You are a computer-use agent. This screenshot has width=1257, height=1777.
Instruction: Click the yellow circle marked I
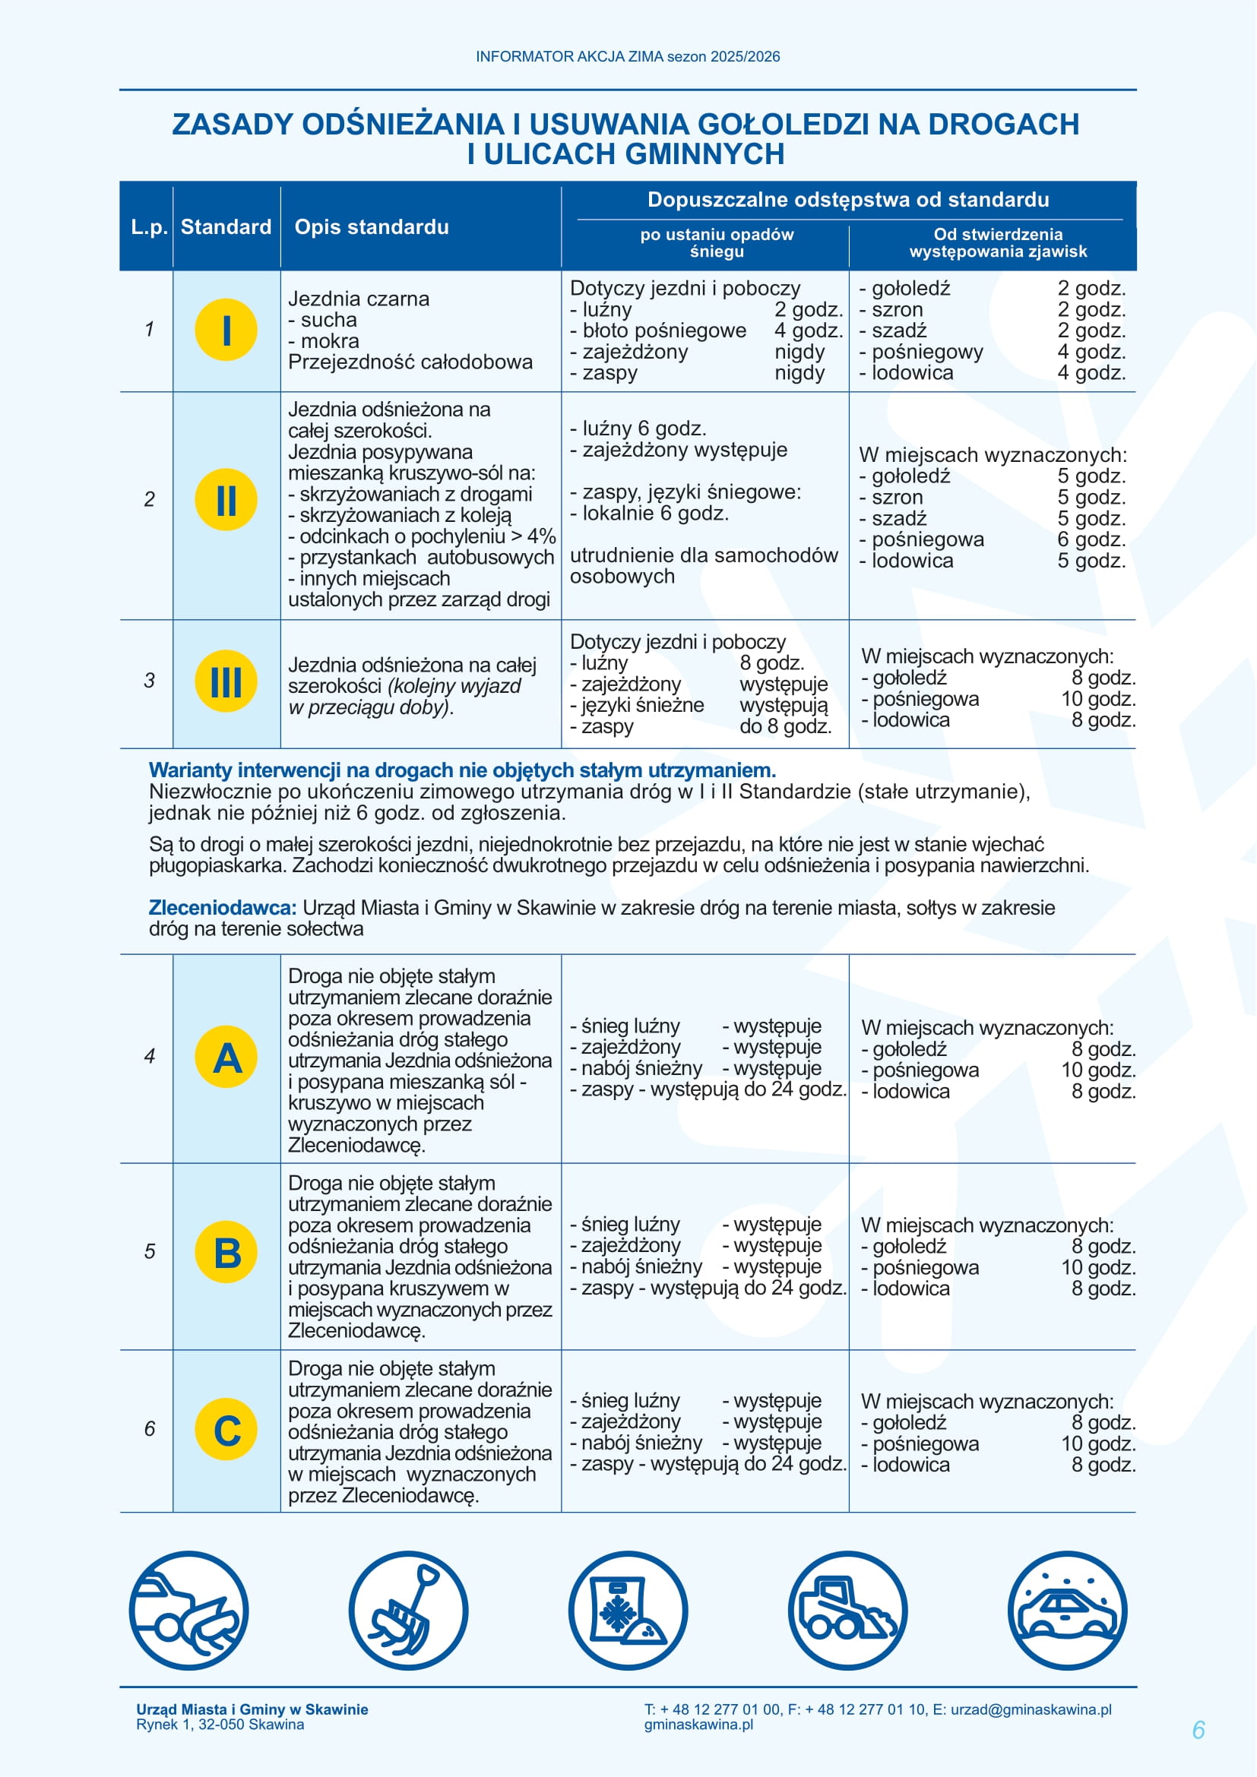pos(226,330)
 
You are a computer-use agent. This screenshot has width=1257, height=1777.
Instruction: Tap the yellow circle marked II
pos(226,499)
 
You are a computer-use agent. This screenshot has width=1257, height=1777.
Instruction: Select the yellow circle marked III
pos(226,681)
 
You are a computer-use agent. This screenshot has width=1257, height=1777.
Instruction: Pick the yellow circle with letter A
pos(226,1057)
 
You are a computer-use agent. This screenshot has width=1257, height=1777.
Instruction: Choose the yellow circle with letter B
pos(226,1251)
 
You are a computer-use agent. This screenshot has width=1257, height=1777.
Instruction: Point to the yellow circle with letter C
pos(226,1429)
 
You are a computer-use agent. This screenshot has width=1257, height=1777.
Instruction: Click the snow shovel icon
pos(408,1611)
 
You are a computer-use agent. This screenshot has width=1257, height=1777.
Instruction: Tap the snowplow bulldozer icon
pos(847,1611)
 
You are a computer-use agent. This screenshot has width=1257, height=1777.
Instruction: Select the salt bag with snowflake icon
pos(628,1611)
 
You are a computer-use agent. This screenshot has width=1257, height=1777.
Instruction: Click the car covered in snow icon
pos(1067,1611)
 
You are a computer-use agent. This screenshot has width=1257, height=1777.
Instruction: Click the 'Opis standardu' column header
pos(372,226)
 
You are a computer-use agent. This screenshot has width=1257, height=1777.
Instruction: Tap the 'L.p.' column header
pos(149,226)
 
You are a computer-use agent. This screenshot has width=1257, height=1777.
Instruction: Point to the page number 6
pos(1198,1730)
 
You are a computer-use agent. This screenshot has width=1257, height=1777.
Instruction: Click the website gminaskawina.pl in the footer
pos(698,1725)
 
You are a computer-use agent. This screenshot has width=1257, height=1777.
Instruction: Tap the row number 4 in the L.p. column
pos(150,1056)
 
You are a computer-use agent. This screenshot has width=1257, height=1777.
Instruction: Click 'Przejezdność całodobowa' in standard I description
pos(410,362)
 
